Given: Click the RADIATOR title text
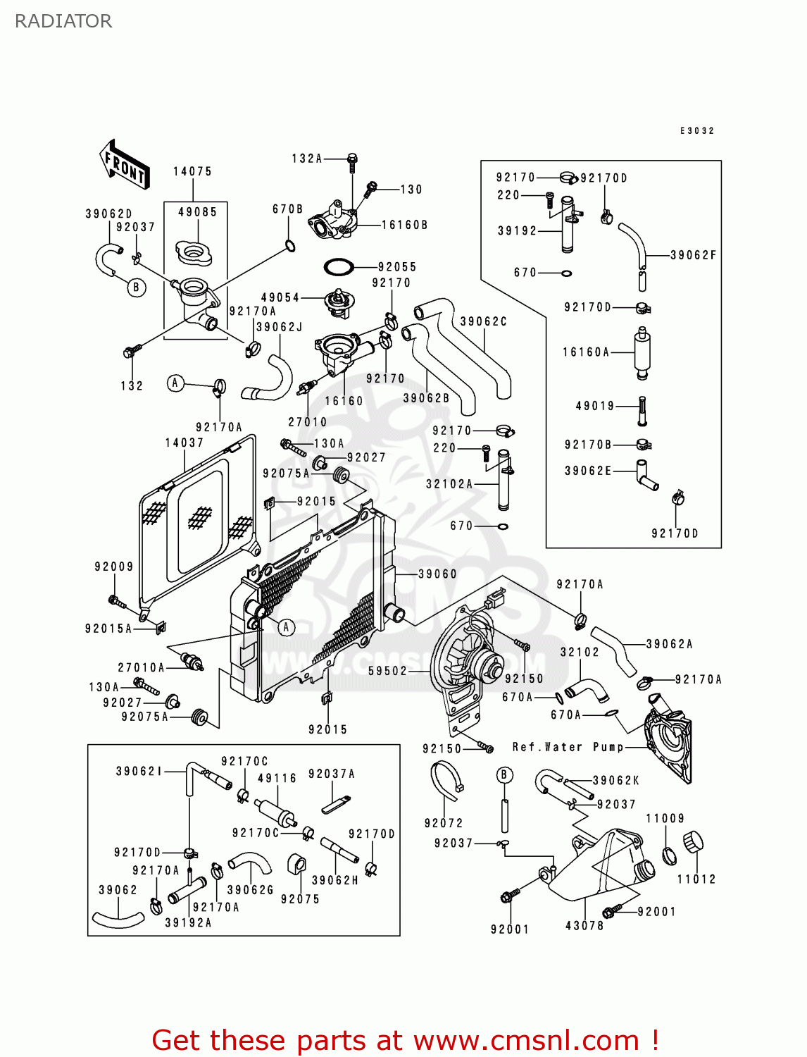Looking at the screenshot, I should click(63, 21).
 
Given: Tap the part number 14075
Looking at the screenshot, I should click(192, 171).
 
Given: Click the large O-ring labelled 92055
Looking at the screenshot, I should click(339, 267).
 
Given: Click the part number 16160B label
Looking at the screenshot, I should click(404, 225).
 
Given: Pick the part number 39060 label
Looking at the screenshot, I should click(437, 574).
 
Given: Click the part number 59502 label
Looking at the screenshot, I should click(387, 671).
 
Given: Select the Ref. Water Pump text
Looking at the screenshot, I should click(568, 747).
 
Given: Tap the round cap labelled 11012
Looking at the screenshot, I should click(694, 841).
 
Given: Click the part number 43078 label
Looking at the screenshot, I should click(584, 926).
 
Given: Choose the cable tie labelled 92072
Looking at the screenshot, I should click(446, 781).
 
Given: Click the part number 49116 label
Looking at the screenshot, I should click(277, 778).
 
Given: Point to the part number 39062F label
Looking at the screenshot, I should click(693, 255).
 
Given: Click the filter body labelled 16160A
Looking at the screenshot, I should click(642, 351).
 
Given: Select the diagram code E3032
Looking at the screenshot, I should click(697, 130).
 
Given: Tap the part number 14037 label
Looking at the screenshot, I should click(184, 443).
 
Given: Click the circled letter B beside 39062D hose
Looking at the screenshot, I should click(136, 288).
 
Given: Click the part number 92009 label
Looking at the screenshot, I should click(114, 566).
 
